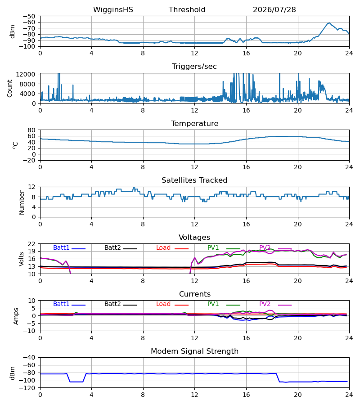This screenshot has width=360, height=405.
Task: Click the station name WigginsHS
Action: pyautogui.click(x=113, y=10)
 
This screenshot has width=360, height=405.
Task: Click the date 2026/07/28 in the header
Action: pyautogui.click(x=274, y=10)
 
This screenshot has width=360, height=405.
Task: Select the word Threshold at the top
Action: pyautogui.click(x=187, y=10)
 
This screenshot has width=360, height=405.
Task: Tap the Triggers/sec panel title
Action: pyautogui.click(x=194, y=67)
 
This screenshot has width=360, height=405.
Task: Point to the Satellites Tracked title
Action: pyautogui.click(x=194, y=180)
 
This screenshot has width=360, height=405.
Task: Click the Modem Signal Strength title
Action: pyautogui.click(x=194, y=351)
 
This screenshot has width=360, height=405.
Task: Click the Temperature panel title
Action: pyautogui.click(x=194, y=123)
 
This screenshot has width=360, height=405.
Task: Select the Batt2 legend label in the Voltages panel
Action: pyautogui.click(x=112, y=247)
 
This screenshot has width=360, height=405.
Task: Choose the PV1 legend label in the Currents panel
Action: pyautogui.click(x=213, y=304)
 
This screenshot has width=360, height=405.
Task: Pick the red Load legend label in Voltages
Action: pyautogui.click(x=163, y=247)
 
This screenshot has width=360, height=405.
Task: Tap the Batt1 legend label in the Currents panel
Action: pyautogui.click(x=61, y=304)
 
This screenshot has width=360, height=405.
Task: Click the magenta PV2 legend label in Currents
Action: pyautogui.click(x=265, y=304)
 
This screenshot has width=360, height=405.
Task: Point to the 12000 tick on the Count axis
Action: pyautogui.click(x=26, y=74)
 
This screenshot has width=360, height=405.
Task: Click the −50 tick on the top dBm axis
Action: pyautogui.click(x=29, y=16)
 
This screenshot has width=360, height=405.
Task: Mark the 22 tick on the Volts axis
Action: pyautogui.click(x=31, y=244)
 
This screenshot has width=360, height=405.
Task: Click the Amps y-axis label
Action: pyautogui.click(x=16, y=316)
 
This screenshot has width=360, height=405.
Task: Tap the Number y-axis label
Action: pyautogui.click(x=22, y=202)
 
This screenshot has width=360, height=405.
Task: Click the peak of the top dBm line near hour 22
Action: pyautogui.click(x=329, y=23)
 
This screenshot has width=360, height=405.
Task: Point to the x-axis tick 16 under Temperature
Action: pyautogui.click(x=246, y=167)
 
